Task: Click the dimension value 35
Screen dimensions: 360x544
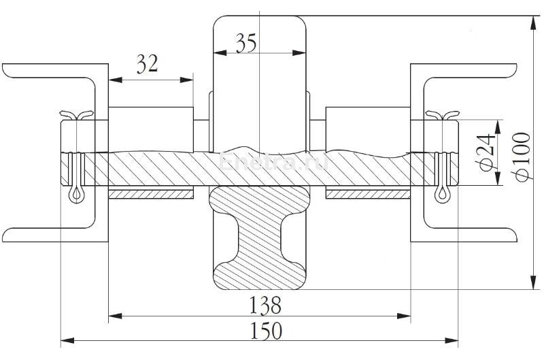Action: (246, 44)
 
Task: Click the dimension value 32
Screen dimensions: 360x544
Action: (148, 65)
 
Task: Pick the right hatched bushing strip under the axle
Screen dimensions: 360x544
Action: (368, 195)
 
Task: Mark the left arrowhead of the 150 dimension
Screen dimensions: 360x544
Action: (65, 340)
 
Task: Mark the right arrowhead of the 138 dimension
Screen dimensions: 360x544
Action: (407, 316)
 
